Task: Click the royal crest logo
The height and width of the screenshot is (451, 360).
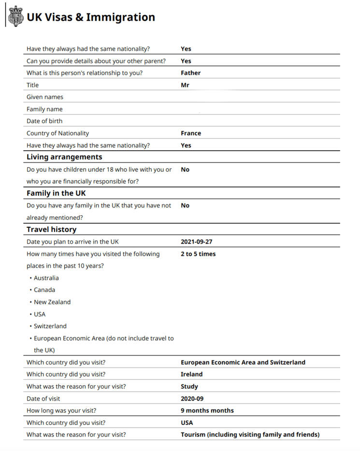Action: [x=15, y=17]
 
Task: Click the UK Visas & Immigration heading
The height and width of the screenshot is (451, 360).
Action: [x=91, y=17]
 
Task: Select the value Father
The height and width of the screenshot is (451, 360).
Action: [x=190, y=73]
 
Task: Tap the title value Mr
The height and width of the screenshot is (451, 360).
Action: [x=185, y=85]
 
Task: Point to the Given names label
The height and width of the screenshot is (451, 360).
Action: [x=45, y=97]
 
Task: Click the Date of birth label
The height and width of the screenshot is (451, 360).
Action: [x=44, y=121]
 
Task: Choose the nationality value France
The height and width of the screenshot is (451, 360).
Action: [x=191, y=133]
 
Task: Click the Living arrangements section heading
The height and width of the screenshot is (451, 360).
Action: [x=64, y=157]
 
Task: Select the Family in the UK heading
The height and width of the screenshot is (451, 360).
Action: [x=56, y=193]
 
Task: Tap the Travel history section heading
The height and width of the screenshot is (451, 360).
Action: [x=51, y=230]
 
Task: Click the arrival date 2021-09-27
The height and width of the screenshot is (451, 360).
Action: [x=196, y=242]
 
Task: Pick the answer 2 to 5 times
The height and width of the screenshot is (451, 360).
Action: [x=198, y=254]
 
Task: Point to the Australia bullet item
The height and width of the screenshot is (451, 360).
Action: [x=46, y=278]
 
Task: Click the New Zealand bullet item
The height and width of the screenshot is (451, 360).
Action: [x=52, y=302]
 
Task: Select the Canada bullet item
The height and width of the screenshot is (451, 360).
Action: [x=44, y=290]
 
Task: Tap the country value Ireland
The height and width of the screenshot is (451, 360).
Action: [x=191, y=374]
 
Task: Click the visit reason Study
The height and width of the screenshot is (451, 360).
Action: [x=189, y=387]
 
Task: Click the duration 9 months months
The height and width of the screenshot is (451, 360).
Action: [x=207, y=410]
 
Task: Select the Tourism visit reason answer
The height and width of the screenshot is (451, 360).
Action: [x=250, y=435]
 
